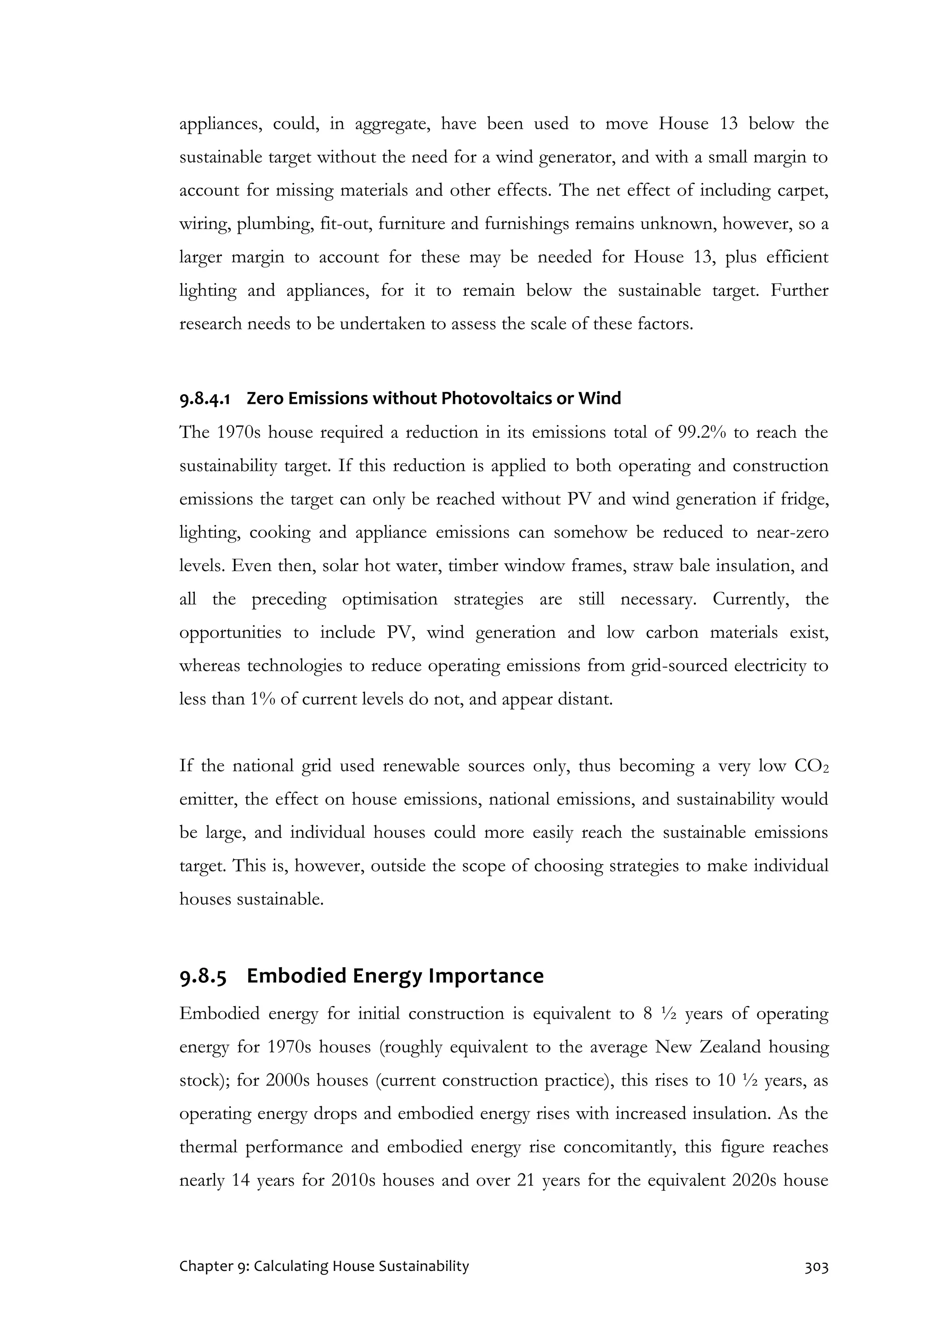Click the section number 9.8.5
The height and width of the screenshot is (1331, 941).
[203, 976]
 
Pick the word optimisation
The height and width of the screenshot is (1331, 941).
[390, 600]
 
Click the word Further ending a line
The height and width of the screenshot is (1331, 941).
[799, 290]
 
